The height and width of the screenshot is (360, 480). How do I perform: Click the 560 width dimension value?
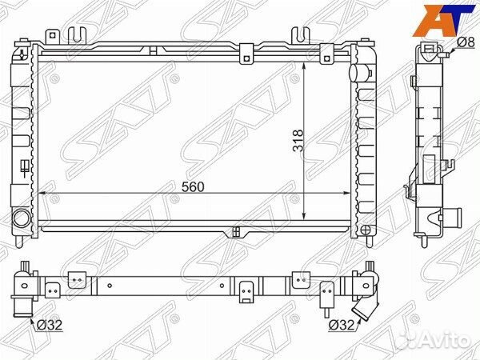pyautogui.click(x=193, y=186)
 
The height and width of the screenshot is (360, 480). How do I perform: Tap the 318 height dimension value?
pyautogui.click(x=298, y=141)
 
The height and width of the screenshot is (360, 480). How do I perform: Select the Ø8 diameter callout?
pyautogui.click(x=466, y=42)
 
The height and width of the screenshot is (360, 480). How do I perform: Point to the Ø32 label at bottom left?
pyautogui.click(x=50, y=325)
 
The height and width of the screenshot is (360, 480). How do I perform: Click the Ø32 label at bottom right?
pyautogui.click(x=342, y=325)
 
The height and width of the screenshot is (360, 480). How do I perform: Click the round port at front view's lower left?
pyautogui.click(x=22, y=218)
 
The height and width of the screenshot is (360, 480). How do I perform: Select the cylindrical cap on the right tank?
pyautogui.click(x=357, y=73)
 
